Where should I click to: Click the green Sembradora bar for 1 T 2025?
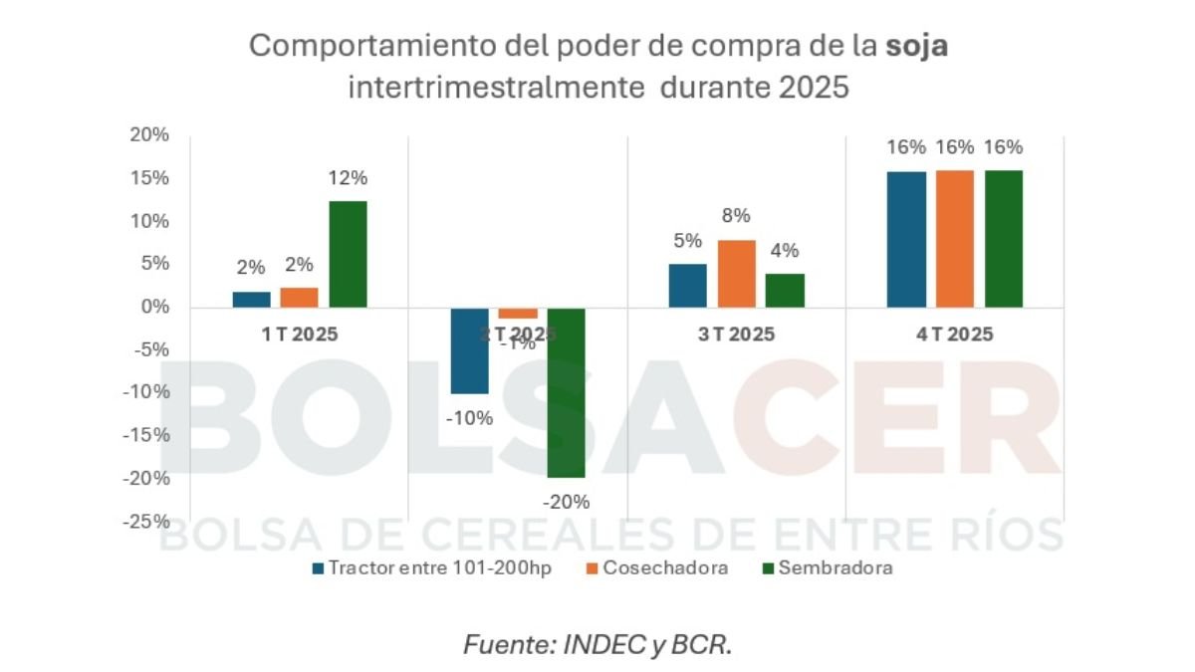tap(348, 254)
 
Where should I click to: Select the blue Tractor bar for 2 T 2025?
tap(469, 350)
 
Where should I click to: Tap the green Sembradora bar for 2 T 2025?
tap(566, 392)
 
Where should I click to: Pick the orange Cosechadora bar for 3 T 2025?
tap(736, 274)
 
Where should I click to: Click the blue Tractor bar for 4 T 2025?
tap(906, 239)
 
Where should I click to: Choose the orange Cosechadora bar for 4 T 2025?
tap(955, 239)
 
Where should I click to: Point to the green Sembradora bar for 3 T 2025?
tap(785, 291)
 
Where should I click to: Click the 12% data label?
tap(349, 179)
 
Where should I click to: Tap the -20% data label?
tap(566, 501)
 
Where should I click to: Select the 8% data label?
tap(736, 217)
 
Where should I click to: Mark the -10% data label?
tap(469, 418)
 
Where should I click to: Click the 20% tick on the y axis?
tap(149, 135)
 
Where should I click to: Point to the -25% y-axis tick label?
tap(146, 521)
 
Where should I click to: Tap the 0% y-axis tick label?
tap(153, 307)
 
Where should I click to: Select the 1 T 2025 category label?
tap(300, 335)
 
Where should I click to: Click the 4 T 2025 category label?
tap(955, 335)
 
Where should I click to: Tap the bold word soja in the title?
tap(916, 47)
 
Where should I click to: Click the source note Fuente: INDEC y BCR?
tap(597, 644)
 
